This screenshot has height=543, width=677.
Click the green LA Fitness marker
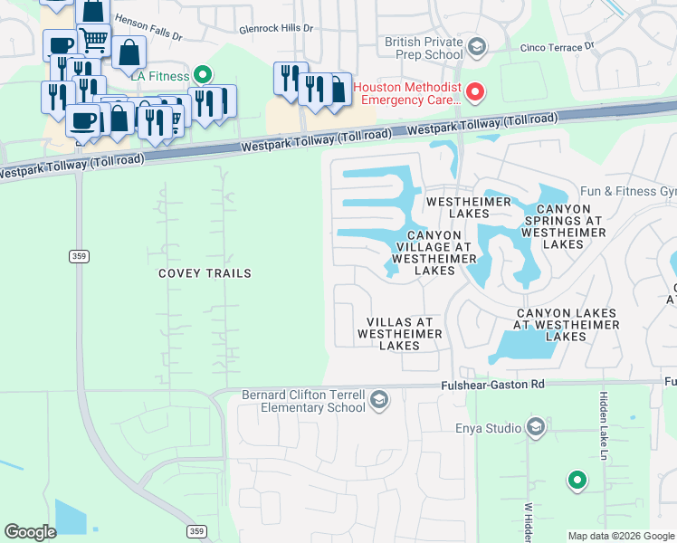click(204, 76)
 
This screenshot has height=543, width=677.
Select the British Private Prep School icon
click(478, 46)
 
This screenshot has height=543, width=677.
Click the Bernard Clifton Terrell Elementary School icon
click(380, 400)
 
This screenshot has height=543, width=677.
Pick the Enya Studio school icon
click(536, 427)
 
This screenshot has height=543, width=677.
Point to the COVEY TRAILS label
click(205, 273)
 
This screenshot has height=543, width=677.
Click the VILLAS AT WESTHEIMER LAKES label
click(399, 334)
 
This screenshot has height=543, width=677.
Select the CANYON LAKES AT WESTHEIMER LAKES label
click(567, 324)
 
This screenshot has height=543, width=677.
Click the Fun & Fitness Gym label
click(628, 192)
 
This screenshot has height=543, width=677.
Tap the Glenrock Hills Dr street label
click(276, 29)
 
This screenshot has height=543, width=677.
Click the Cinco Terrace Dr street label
click(556, 46)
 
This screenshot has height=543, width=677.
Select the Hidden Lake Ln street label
click(603, 425)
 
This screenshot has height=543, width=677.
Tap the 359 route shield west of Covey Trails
click(79, 256)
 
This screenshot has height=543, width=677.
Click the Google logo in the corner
click(30, 532)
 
